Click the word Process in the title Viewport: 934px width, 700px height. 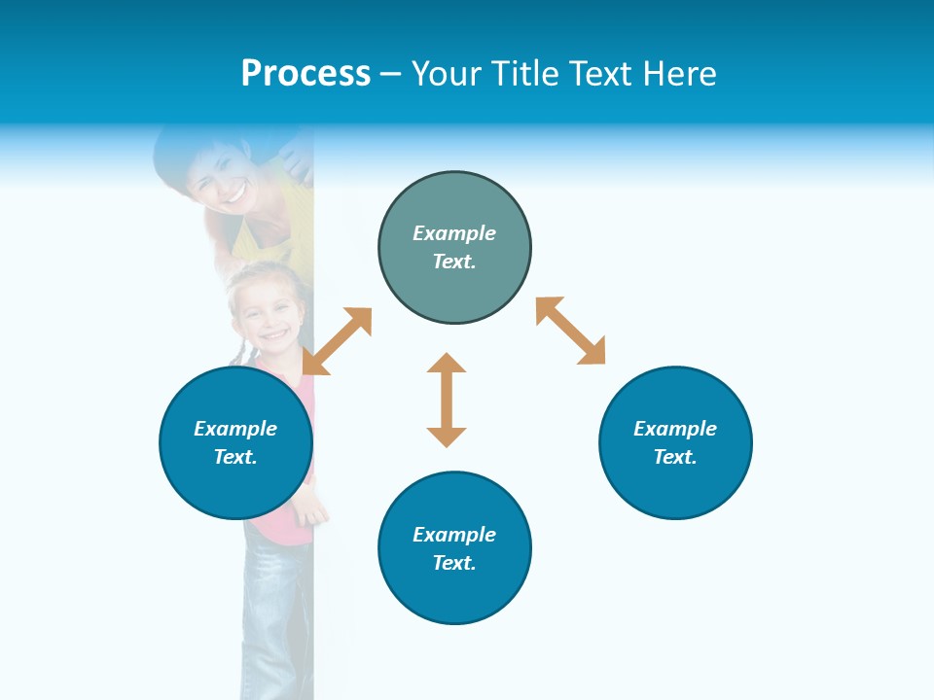[305, 74]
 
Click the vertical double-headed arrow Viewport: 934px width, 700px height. [447, 400]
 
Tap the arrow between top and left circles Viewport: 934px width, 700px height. [338, 341]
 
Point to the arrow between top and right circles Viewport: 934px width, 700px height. [571, 331]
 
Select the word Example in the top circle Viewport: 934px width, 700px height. [454, 233]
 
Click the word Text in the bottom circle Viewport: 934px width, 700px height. [454, 563]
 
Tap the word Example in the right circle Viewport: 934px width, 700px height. [675, 429]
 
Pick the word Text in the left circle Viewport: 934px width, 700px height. [235, 457]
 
